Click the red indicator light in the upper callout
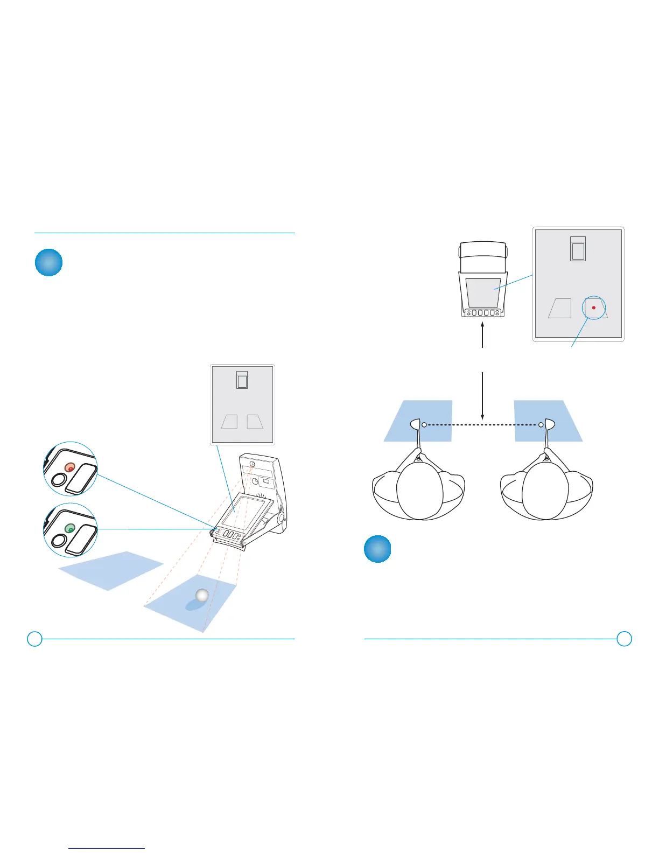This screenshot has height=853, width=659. coord(70,467)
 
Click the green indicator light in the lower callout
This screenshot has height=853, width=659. coord(70,528)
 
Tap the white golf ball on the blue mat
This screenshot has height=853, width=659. coord(202,595)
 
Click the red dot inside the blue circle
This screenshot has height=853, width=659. coord(593,307)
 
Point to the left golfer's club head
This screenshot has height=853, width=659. coord(416,424)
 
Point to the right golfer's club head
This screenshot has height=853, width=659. coord(549,424)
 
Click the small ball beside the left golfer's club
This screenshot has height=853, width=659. coord(424,425)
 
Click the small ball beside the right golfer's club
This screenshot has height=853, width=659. coord(541,425)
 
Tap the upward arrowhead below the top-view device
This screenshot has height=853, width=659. coord(482,325)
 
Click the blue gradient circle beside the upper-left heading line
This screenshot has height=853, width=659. coord(48,262)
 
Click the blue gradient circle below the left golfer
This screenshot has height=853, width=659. coord(377,549)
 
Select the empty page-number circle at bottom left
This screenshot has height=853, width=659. coord(34,639)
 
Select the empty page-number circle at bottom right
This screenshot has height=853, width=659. coord(624,639)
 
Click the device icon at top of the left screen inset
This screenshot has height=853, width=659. coord(242,380)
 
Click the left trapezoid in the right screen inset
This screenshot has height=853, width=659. coord(560,308)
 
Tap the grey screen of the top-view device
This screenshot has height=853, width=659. coord(483,292)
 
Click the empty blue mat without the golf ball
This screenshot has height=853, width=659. coord(110,570)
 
